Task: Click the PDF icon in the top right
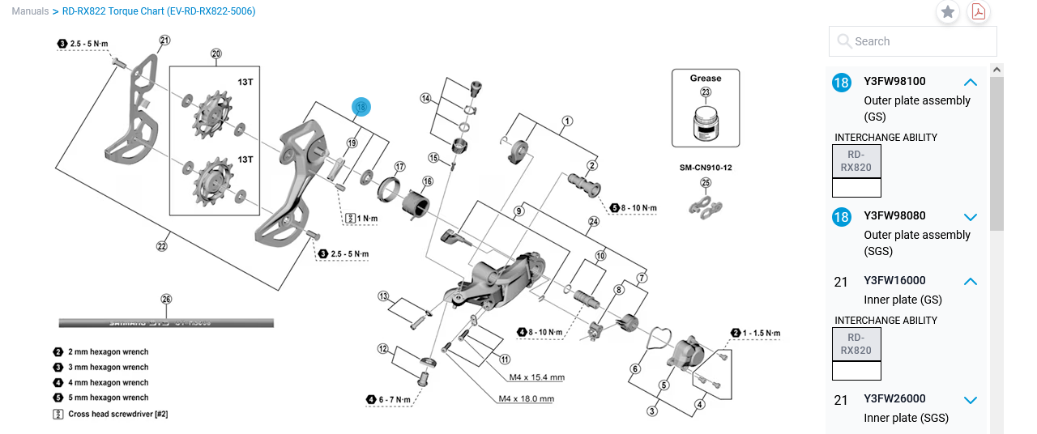click(978, 12)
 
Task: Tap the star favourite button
click(948, 12)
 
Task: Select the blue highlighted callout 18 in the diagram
click(361, 106)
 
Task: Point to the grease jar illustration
click(705, 125)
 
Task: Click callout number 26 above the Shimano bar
click(166, 299)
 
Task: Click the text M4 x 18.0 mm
click(526, 398)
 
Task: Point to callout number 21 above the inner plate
click(164, 40)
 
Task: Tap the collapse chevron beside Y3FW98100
click(971, 82)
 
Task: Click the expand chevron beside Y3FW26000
click(971, 399)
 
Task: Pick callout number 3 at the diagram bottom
click(651, 411)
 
